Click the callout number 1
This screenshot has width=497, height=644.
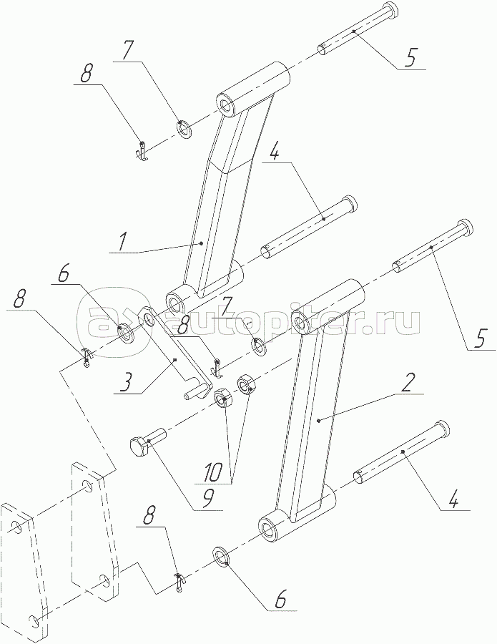(122, 242)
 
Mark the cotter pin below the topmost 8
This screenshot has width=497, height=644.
(143, 151)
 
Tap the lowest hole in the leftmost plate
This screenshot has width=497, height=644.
(32, 618)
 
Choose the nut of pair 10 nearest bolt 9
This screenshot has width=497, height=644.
(222, 397)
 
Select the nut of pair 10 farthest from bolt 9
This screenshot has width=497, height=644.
(248, 384)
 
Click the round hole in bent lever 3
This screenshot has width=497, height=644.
(148, 316)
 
